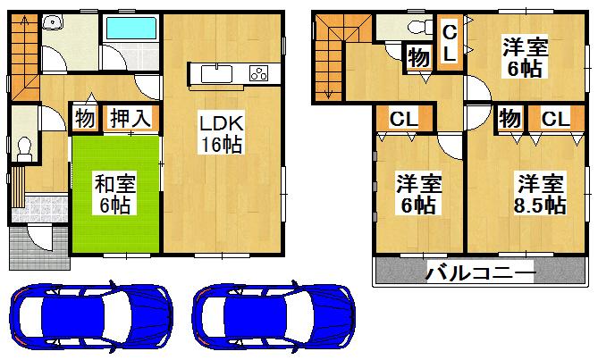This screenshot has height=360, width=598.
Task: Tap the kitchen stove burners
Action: coord(257,73)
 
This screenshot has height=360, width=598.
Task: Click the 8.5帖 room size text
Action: coord(539,205)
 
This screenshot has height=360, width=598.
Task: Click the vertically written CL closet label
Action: coord(451,42)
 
